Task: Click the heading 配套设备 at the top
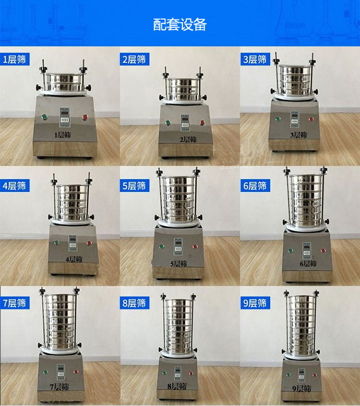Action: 179,25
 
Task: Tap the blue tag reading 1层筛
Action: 14,60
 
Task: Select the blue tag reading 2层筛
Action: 134,60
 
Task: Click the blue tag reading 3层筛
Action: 254,60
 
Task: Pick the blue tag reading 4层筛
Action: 14,186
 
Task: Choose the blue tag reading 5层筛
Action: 134,186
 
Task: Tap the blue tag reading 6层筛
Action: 254,186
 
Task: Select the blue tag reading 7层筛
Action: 14,303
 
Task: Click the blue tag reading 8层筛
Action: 134,303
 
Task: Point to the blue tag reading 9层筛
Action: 254,303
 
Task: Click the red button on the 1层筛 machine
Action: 84,118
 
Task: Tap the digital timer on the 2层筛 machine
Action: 184,122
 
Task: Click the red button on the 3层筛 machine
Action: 311,119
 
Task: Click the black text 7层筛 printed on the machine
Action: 59,387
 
